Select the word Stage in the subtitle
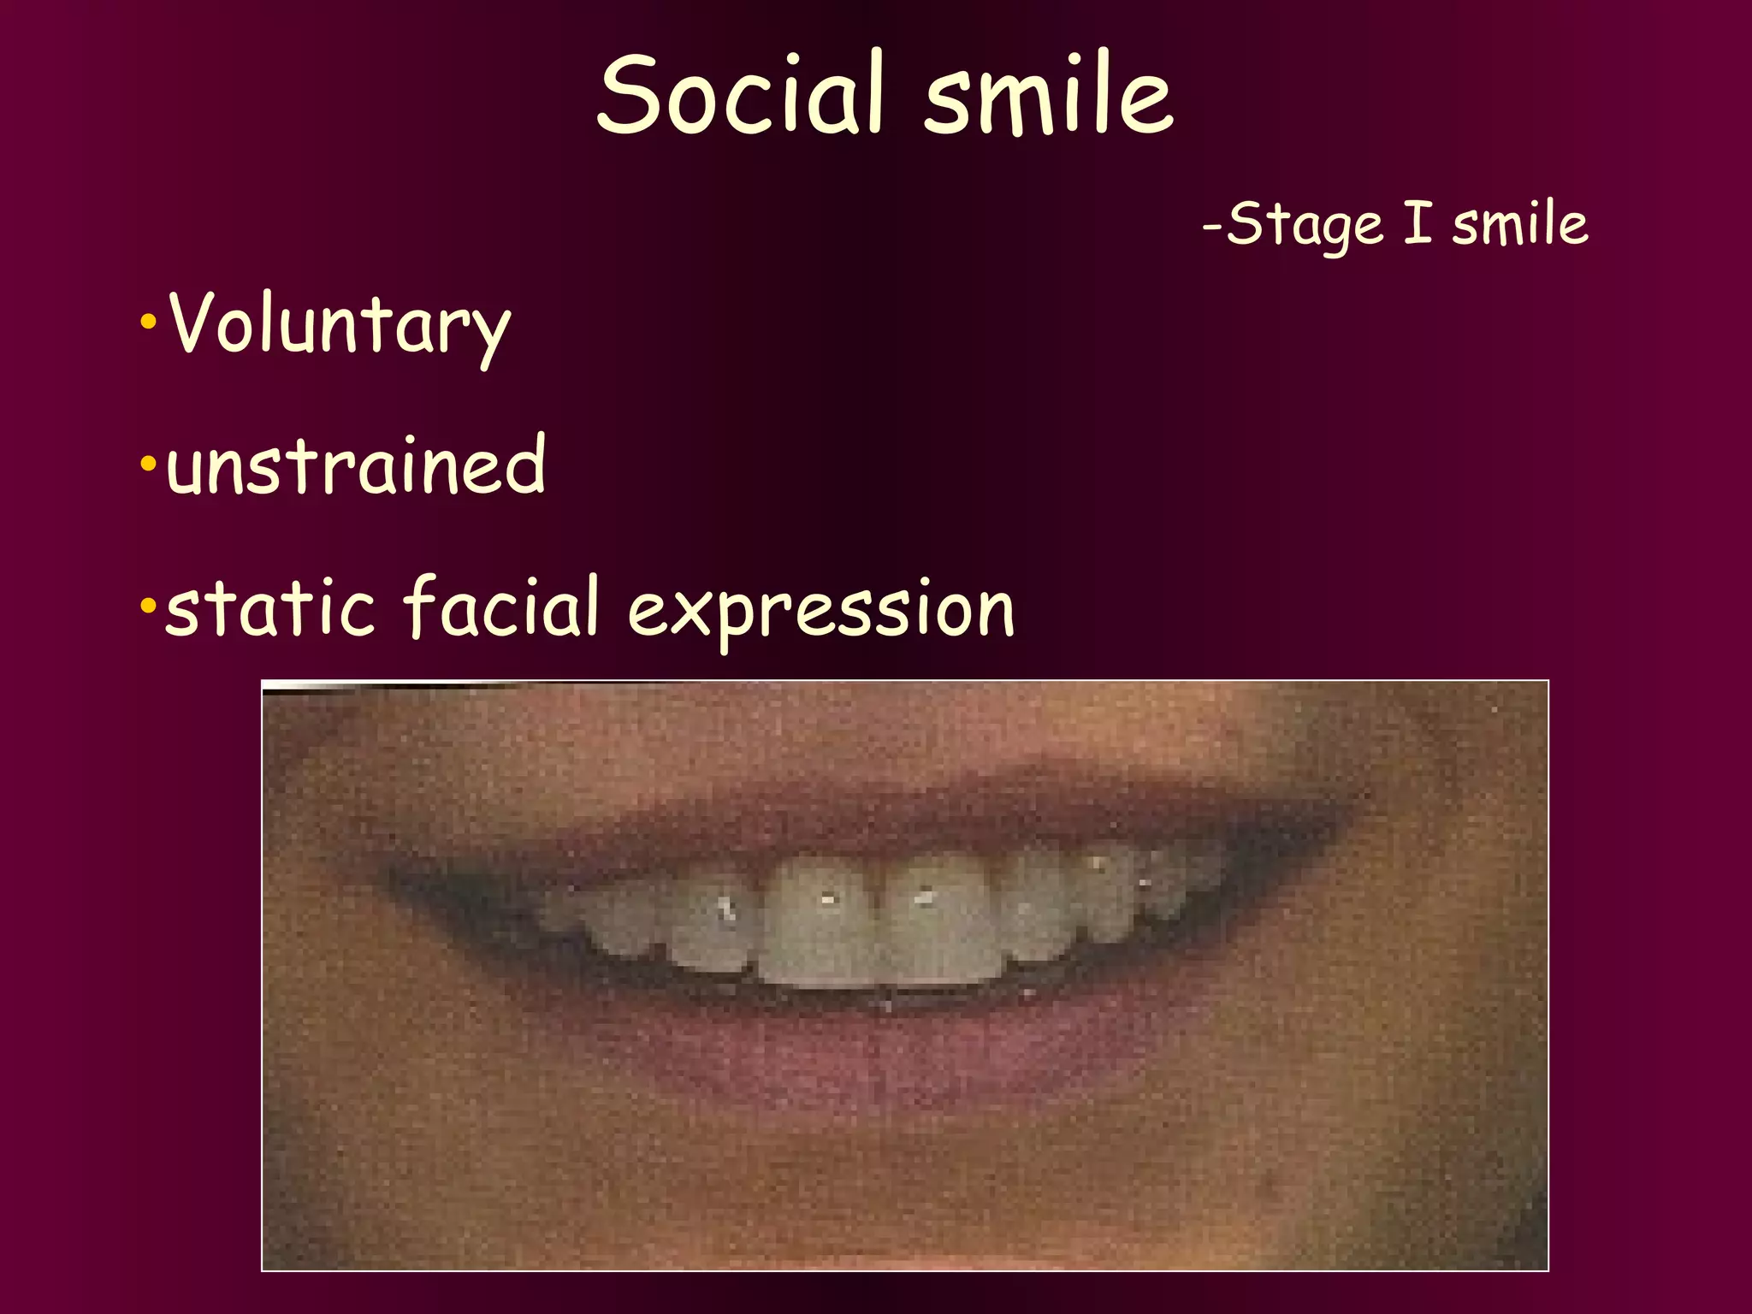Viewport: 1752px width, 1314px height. (x=1305, y=225)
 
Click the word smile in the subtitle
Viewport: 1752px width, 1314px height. (x=1520, y=224)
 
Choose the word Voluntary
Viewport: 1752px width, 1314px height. (x=340, y=325)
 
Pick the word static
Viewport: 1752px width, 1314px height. (x=270, y=607)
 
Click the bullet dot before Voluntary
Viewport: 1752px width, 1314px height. (x=148, y=323)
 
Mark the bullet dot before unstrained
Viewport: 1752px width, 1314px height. (x=148, y=465)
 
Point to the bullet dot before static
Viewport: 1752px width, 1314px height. (x=148, y=607)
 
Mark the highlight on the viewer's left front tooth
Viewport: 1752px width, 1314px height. (x=827, y=899)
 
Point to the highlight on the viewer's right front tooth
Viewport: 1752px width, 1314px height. (x=924, y=897)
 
